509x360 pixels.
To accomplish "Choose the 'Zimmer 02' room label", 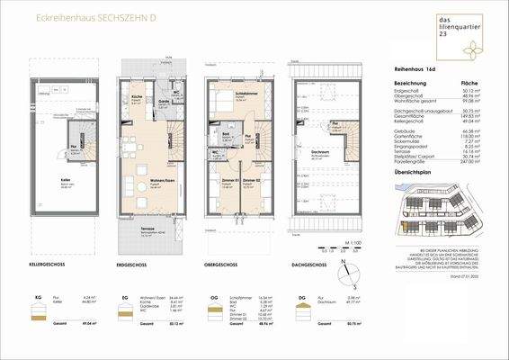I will click(254, 182).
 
